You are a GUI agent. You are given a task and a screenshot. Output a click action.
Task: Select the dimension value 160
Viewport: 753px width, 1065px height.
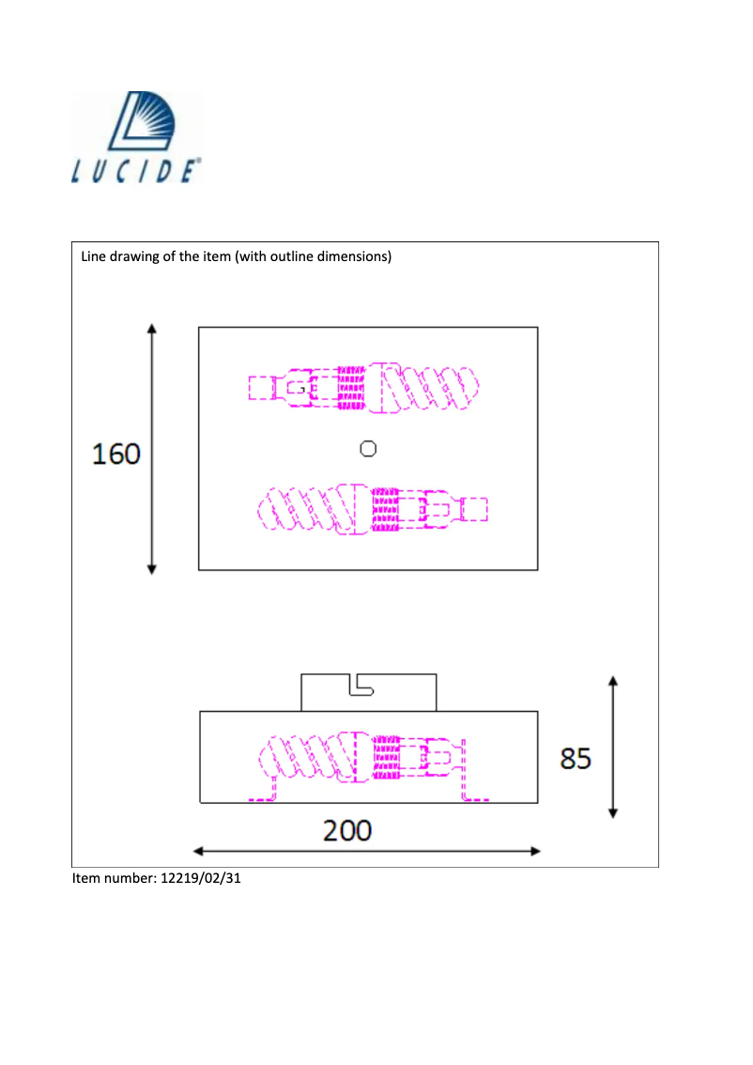point(115,455)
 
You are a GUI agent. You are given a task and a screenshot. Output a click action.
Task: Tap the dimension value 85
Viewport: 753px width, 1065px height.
point(576,758)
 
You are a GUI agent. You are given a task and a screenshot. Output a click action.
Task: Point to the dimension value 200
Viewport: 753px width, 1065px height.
point(347,830)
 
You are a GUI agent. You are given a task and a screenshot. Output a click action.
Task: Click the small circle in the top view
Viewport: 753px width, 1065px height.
point(368,449)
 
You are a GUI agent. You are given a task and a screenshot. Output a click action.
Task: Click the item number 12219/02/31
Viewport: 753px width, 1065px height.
point(196,879)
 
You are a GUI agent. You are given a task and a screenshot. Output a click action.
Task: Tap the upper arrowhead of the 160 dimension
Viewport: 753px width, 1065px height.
point(152,329)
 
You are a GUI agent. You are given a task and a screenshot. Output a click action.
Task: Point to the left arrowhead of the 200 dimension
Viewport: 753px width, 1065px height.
point(198,851)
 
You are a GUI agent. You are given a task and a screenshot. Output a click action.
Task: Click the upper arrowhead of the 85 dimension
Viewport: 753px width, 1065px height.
point(612,681)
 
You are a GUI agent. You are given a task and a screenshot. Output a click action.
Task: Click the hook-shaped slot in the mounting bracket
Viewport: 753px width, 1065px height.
point(361,687)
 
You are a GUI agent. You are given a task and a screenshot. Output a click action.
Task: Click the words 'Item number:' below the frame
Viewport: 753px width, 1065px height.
point(110,879)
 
